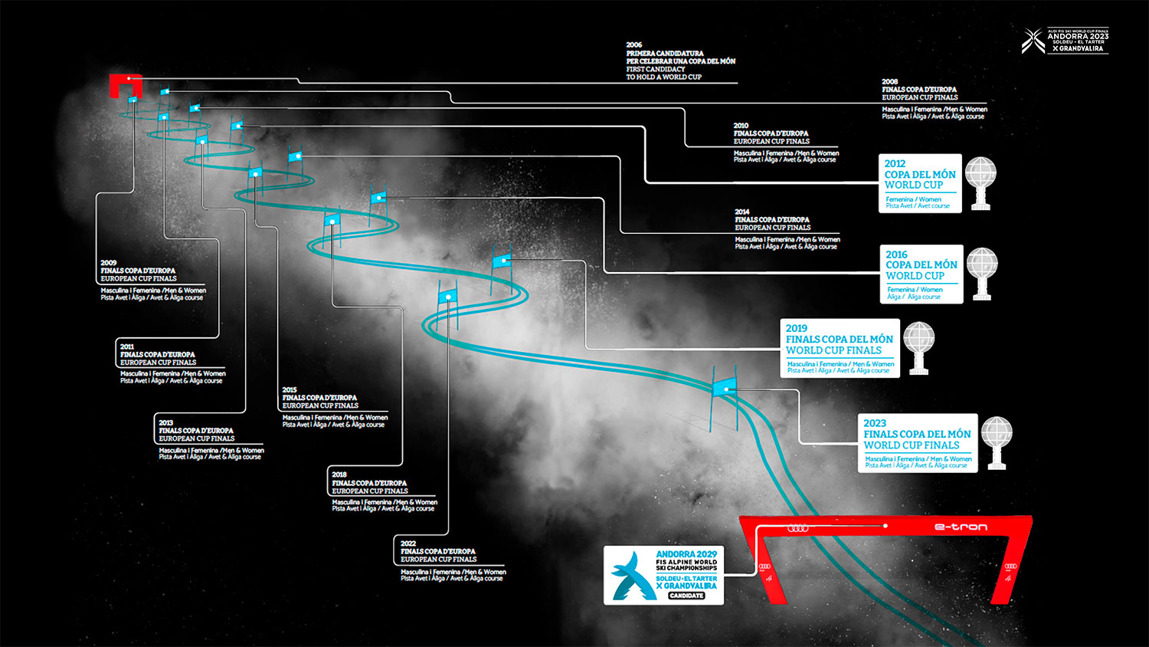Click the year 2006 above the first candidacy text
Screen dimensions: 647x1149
[x=634, y=45]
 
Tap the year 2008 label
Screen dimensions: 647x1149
[x=889, y=81]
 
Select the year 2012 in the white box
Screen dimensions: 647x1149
[x=895, y=163]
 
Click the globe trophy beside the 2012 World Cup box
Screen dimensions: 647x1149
[x=980, y=183]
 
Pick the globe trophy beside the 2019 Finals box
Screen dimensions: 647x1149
[x=918, y=347]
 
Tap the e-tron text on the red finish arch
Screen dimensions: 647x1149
[x=961, y=527]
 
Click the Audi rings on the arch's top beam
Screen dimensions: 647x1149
[x=797, y=527]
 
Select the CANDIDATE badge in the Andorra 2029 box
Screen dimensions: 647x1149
[x=686, y=596]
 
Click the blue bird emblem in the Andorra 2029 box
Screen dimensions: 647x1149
[x=631, y=576]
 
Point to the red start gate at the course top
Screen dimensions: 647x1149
[x=124, y=84]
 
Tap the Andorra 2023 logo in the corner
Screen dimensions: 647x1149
[x=1065, y=41]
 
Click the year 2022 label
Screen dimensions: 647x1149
[x=408, y=544]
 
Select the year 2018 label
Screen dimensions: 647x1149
[x=339, y=475]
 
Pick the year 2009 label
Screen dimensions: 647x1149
[x=108, y=263]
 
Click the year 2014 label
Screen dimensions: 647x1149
[x=742, y=212]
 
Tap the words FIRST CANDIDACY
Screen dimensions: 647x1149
[x=656, y=69]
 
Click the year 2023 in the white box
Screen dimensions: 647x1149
[x=875, y=423]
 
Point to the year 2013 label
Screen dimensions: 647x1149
[x=166, y=422]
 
